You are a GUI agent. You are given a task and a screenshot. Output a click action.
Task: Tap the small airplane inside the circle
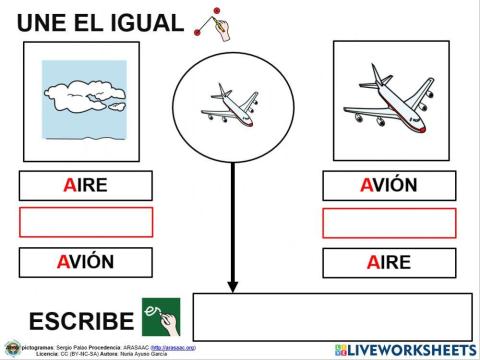pos(233,103)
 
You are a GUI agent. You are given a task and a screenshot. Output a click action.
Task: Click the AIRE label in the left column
pos(85,186)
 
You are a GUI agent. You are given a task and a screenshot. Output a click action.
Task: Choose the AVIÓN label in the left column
pos(85,263)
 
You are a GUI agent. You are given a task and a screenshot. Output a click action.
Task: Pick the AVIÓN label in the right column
pos(388,186)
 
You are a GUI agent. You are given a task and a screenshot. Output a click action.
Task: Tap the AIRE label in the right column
pos(388,263)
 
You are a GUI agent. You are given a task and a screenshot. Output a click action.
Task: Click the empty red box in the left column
pos(85,222)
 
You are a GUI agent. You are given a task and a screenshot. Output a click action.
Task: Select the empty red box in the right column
pos(388,222)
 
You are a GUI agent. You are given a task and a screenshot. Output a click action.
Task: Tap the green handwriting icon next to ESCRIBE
pos(161,317)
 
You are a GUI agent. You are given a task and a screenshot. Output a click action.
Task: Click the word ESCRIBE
pos(81,321)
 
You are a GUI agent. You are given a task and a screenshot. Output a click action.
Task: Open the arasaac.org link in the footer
pos(173,346)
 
